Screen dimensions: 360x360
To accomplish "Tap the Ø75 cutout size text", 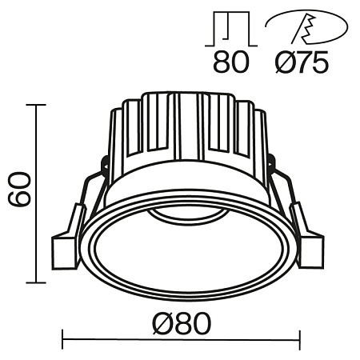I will [x=299, y=62].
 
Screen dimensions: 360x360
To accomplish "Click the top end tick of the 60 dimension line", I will [x=36, y=104].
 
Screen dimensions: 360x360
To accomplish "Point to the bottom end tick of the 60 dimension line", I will [x=36, y=282].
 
